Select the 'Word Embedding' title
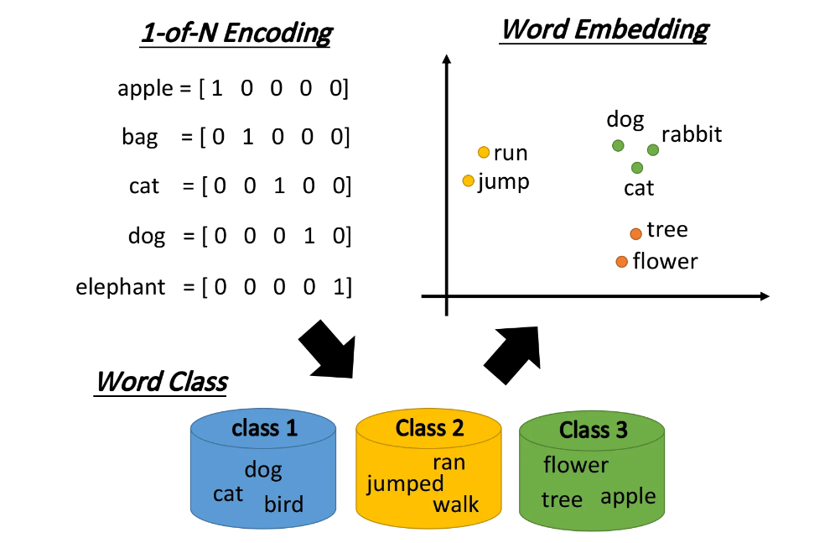tap(604, 29)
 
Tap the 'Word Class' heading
tap(161, 381)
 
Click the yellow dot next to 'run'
tap(483, 152)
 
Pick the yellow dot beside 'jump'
tap(469, 180)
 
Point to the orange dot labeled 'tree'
tap(635, 233)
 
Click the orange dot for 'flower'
tap(621, 262)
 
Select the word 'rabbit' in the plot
tap(691, 134)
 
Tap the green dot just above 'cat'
tap(637, 168)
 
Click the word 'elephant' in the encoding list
tap(121, 287)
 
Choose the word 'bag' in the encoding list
tap(139, 137)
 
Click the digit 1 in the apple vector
tap(217, 88)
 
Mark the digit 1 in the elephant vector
tap(337, 287)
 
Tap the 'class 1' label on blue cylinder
tap(264, 428)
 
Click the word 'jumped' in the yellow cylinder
tap(406, 483)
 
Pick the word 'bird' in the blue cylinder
tap(283, 504)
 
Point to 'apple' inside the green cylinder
tap(628, 497)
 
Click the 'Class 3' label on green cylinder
tap(593, 431)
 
